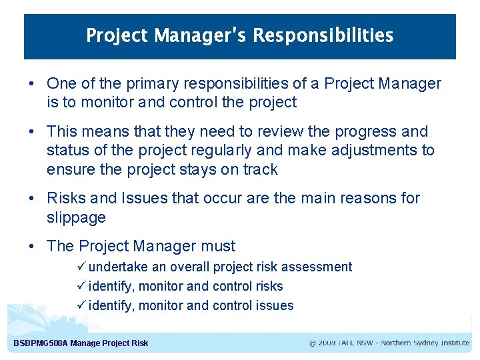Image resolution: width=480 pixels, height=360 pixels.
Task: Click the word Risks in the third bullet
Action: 66,198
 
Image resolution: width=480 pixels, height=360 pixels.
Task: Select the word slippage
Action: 76,217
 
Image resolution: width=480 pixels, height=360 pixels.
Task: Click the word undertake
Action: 117,267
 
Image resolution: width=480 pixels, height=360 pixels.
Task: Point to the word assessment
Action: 317,267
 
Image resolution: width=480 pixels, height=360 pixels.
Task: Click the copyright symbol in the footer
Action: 313,343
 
